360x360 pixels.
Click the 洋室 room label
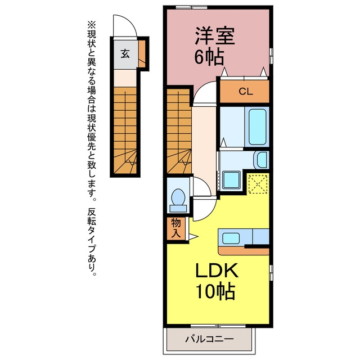point(215,36)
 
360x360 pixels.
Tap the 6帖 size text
point(209,57)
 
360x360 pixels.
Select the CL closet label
point(246,92)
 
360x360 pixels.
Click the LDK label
point(216,271)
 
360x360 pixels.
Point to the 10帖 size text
point(215,291)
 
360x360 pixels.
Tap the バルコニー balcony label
point(209,339)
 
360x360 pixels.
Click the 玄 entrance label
point(125,54)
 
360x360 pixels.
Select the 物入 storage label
point(176,228)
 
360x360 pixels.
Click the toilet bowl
point(178,200)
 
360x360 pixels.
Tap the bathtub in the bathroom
point(258,127)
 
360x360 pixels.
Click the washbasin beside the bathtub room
point(261,160)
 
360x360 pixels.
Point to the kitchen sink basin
point(231,238)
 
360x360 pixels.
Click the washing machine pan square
point(231,180)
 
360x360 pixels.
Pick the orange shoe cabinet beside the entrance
point(142,54)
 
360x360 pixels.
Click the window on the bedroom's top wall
point(192,7)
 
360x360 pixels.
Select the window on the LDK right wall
point(271,272)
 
